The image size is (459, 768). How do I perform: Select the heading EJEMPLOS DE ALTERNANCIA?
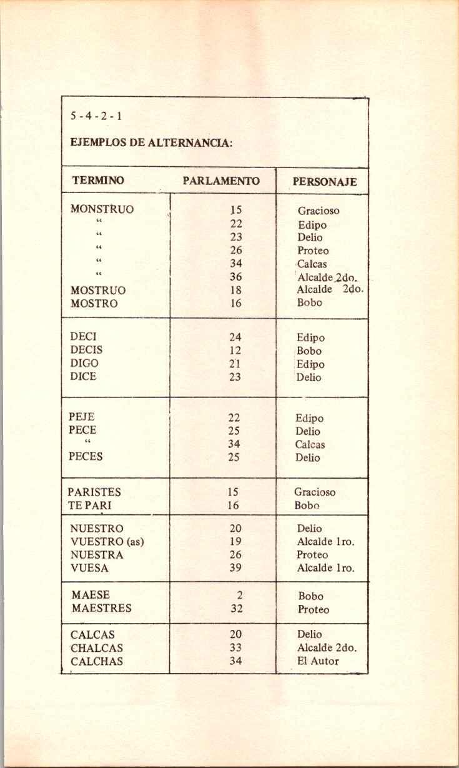(152, 143)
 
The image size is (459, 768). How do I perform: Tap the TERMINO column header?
(98, 181)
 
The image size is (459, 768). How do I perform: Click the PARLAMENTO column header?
(221, 181)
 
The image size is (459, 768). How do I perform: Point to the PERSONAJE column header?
(325, 182)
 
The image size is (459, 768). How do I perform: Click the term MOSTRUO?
(98, 291)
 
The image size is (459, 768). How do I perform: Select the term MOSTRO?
(94, 304)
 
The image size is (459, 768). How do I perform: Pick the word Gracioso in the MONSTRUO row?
(318, 211)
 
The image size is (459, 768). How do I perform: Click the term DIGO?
(84, 363)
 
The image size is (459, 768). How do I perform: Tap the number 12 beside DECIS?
(235, 351)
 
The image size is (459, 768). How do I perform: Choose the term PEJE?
(82, 417)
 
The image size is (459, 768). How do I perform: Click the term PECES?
(87, 456)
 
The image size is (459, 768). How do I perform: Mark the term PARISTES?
(94, 492)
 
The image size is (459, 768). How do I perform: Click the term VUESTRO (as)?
(107, 542)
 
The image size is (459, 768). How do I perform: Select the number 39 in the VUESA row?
(235, 568)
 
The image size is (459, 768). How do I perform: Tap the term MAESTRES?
(101, 608)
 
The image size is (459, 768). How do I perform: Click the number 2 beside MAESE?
(239, 596)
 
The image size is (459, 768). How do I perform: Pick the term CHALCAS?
(97, 648)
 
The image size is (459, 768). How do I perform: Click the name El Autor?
(318, 661)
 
